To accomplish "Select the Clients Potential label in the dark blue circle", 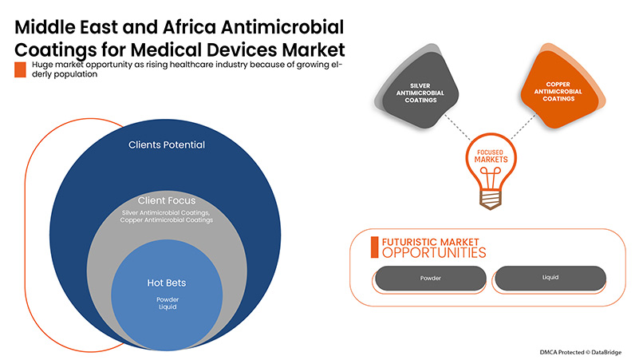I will [x=167, y=145].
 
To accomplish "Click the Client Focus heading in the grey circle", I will [x=167, y=200].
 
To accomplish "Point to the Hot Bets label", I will [x=168, y=282].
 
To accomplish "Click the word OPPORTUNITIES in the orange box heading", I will [x=434, y=252].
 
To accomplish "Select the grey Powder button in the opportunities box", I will [x=430, y=279].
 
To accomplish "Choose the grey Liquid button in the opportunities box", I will [x=550, y=278].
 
